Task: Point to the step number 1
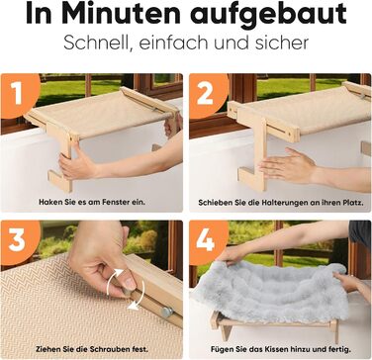(17, 93)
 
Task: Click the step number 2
(205, 93)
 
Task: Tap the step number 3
(17, 240)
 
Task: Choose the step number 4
(205, 240)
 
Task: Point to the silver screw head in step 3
(167, 312)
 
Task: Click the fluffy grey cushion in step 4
(270, 293)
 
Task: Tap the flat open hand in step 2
(287, 165)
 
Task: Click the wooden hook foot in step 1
(60, 181)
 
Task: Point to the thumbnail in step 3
(130, 283)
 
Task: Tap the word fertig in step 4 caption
(340, 349)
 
